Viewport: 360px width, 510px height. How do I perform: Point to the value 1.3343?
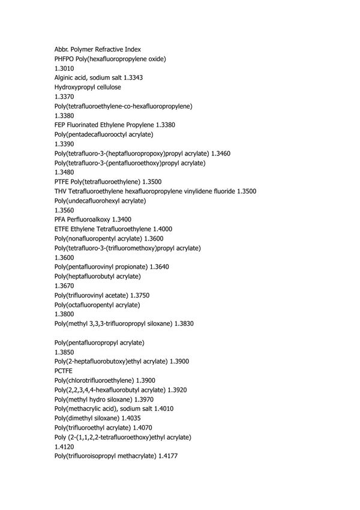pyautogui.click(x=131, y=77)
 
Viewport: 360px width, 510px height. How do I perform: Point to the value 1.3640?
pyautogui.click(x=159, y=266)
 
